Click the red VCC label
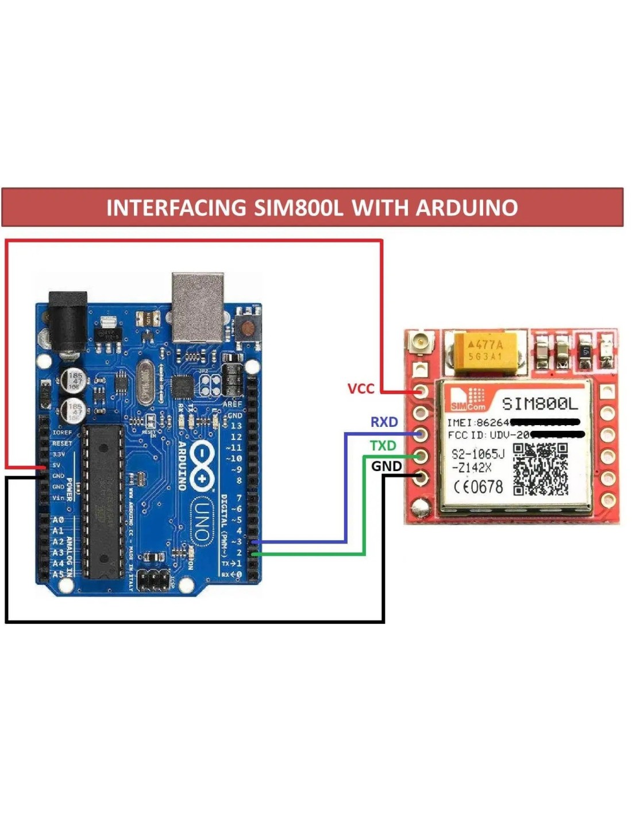(361, 389)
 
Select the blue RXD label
(384, 422)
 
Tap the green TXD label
(383, 446)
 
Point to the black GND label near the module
(386, 466)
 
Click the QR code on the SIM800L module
(540, 469)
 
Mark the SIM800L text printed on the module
(539, 404)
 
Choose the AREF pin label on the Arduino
(233, 404)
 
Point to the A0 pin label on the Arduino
(58, 520)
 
